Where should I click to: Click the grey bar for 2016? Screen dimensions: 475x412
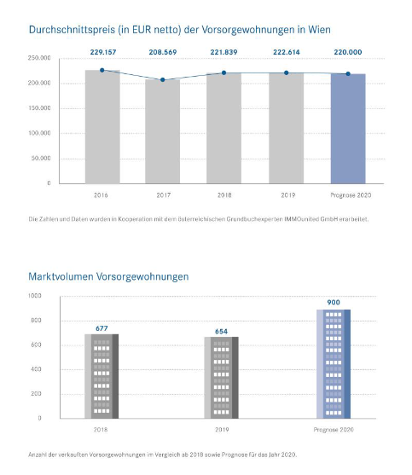pyautogui.click(x=102, y=127)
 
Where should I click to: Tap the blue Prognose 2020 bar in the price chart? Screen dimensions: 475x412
pyautogui.click(x=347, y=129)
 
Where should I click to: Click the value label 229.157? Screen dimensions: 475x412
pyautogui.click(x=102, y=52)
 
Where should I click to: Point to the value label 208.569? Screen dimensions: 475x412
pyautogui.click(x=163, y=52)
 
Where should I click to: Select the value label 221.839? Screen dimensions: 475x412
pyautogui.click(x=224, y=52)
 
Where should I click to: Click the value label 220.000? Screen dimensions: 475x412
pyautogui.click(x=347, y=52)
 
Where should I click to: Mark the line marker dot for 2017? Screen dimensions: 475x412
pyautogui.click(x=163, y=80)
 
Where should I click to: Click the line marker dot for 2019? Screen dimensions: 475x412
pyautogui.click(x=286, y=73)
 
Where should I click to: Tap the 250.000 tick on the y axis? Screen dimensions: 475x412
pyautogui.click(x=38, y=58)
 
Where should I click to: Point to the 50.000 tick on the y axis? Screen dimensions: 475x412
pyautogui.click(x=40, y=159)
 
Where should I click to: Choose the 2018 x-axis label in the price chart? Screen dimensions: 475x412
pyautogui.click(x=224, y=194)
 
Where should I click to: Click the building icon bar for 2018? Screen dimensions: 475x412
pyautogui.click(x=102, y=376)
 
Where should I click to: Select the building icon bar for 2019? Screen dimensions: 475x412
pyautogui.click(x=221, y=378)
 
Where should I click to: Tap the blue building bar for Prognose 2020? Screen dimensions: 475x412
pyautogui.click(x=333, y=363)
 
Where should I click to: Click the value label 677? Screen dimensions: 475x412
pyautogui.click(x=102, y=327)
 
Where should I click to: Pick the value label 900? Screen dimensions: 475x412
pyautogui.click(x=333, y=302)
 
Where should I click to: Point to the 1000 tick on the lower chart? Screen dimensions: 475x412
pyautogui.click(x=34, y=295)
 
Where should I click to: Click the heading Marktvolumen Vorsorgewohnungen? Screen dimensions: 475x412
pyautogui.click(x=108, y=276)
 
